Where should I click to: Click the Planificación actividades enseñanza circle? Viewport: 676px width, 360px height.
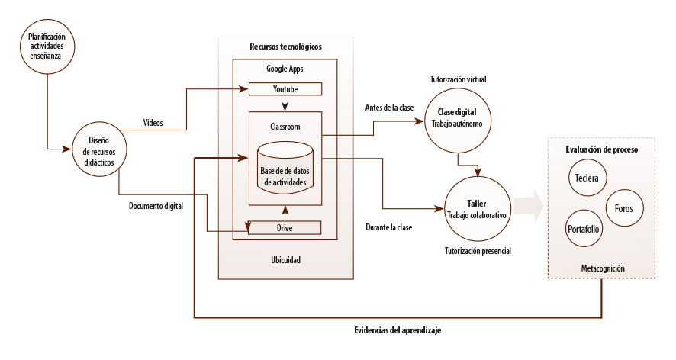coord(47,48)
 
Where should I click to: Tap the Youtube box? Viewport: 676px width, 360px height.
coord(285,89)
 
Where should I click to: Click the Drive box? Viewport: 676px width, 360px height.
coord(285,227)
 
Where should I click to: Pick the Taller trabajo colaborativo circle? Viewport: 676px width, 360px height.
coord(478,208)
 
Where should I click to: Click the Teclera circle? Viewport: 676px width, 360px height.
coord(587,180)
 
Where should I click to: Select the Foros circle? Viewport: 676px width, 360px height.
coord(623,207)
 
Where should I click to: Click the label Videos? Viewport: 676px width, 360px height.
coord(153,122)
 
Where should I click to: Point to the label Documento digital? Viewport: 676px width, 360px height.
coord(156,205)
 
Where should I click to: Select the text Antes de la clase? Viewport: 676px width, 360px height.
coord(390,108)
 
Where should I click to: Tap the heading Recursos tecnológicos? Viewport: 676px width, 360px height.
coord(285,47)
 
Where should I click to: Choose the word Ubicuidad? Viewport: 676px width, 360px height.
coord(286,260)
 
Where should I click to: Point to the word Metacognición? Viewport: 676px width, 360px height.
coord(603,268)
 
